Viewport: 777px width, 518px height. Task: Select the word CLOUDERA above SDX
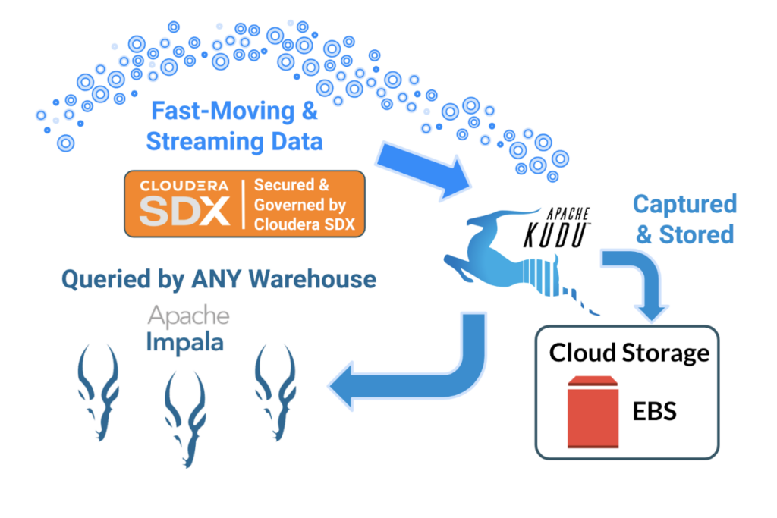pyautogui.click(x=184, y=187)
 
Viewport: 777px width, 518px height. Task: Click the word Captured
pyautogui.click(x=684, y=204)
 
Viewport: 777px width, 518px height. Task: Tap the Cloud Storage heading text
pyautogui.click(x=629, y=353)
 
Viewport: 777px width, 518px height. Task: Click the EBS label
pyautogui.click(x=654, y=412)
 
